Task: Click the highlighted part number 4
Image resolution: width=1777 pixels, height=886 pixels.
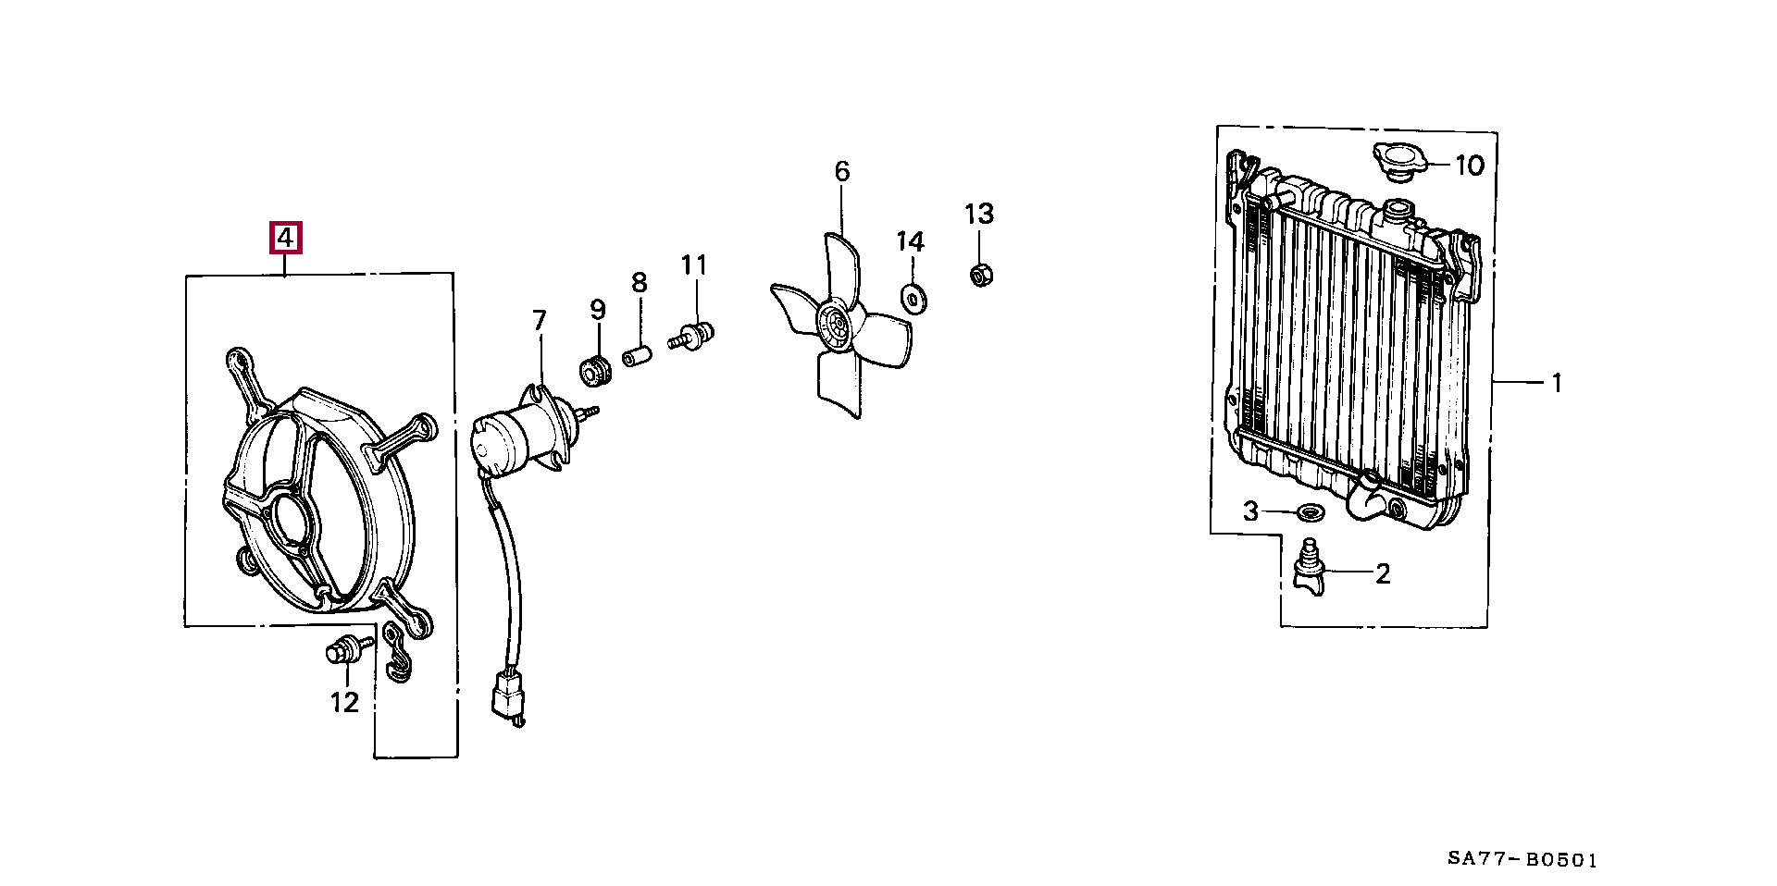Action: click(x=285, y=239)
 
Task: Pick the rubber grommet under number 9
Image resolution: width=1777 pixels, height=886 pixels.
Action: click(x=595, y=370)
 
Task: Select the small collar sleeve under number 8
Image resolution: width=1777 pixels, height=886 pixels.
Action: click(x=637, y=356)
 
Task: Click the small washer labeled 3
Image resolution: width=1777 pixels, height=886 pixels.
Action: click(x=1310, y=511)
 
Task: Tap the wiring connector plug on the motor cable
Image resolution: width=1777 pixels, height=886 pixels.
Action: click(x=508, y=695)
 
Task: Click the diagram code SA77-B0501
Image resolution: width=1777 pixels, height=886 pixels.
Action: click(x=1522, y=859)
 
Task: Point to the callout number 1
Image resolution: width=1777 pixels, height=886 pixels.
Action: click(x=1557, y=382)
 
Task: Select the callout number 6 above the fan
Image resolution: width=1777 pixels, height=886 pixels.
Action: click(x=841, y=171)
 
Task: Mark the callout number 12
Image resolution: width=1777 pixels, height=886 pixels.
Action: click(x=344, y=703)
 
